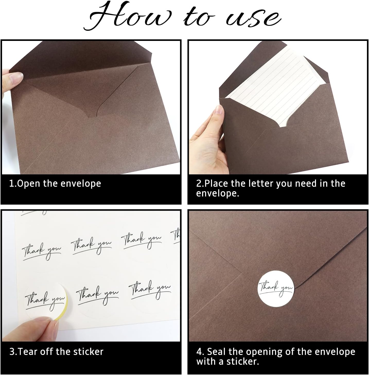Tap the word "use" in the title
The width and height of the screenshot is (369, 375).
point(253,19)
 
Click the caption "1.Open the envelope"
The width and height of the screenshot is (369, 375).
point(55,184)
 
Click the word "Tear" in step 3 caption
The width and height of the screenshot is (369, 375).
point(27,352)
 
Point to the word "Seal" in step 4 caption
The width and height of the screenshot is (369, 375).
point(216,352)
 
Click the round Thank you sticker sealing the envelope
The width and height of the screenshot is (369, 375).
point(276,289)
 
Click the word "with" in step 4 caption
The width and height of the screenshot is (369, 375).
point(206,361)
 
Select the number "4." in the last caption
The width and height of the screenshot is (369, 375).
point(200,352)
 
